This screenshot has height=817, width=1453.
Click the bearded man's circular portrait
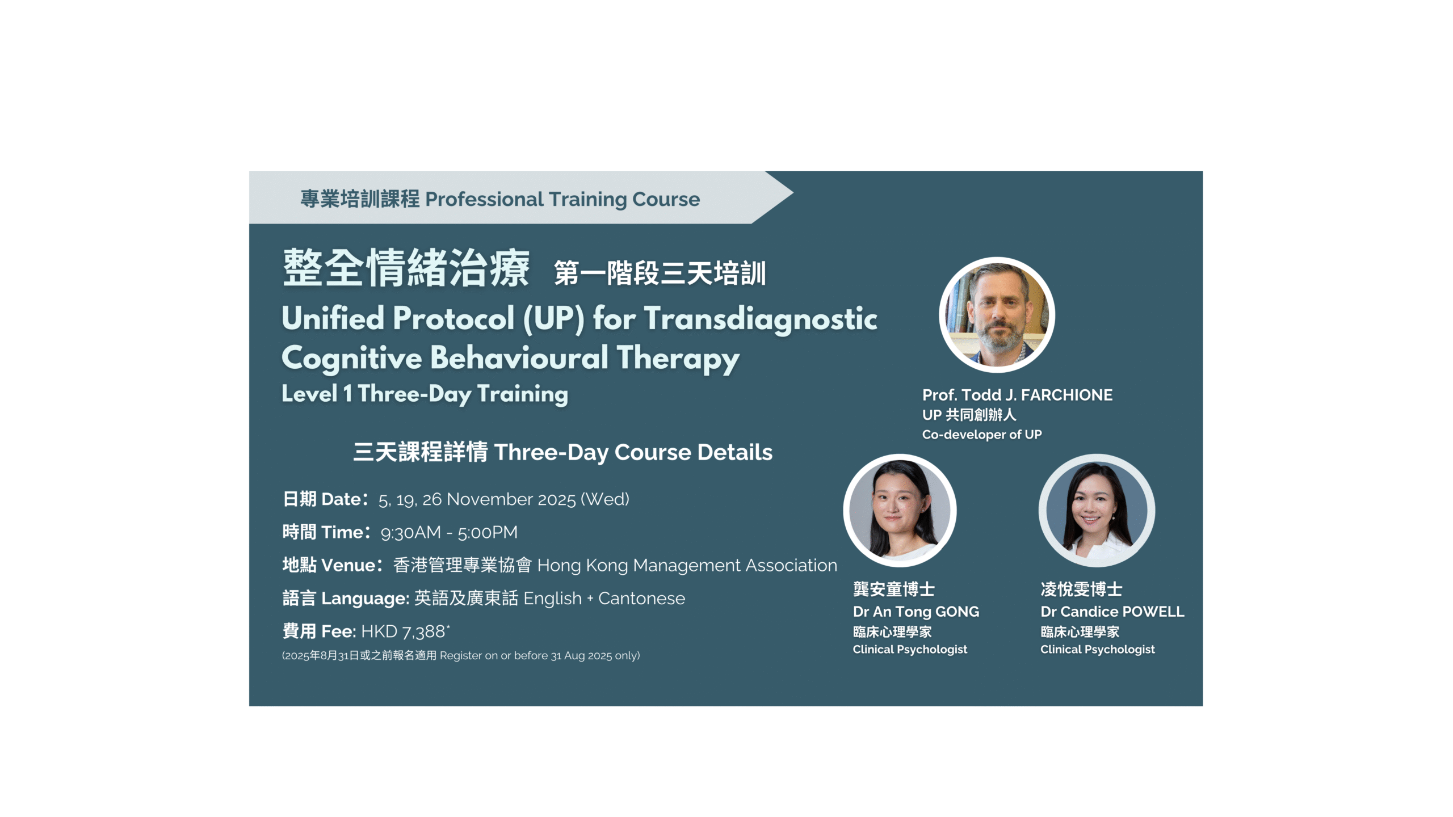[x=997, y=315]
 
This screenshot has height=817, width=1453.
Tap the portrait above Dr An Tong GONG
[x=900, y=510]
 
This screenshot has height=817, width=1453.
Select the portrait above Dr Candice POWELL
[x=1097, y=510]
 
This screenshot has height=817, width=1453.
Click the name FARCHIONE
[x=1066, y=395]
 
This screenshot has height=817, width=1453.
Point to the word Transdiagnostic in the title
[x=761, y=318]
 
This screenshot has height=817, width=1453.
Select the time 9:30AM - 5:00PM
[x=449, y=532]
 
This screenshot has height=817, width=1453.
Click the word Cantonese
[x=641, y=598]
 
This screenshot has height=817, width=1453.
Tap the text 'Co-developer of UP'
[x=982, y=435]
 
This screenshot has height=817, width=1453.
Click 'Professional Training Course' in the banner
[x=562, y=199]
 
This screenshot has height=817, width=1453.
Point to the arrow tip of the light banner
[x=792, y=193]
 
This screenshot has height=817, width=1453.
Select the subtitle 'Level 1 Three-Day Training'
[x=425, y=394]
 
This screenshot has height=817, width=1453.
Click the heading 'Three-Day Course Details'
[x=633, y=452]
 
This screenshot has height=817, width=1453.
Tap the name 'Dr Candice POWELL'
[x=1112, y=612]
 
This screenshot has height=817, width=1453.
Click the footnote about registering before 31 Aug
[x=461, y=655]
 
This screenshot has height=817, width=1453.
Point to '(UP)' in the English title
[x=553, y=318]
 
